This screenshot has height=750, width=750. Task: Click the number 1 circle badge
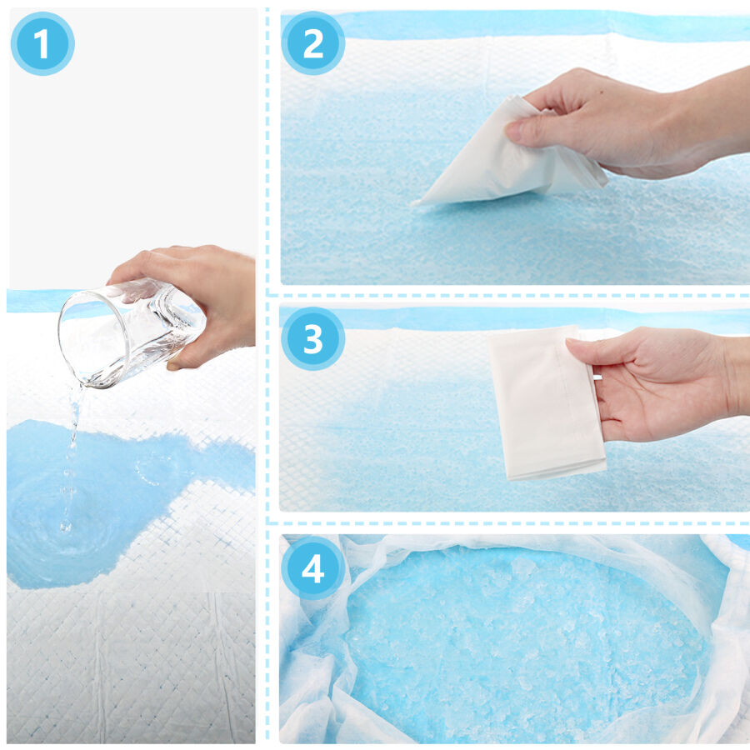coord(42,43)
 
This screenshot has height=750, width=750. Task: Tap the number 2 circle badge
coord(313,43)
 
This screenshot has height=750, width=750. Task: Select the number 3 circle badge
coord(313,338)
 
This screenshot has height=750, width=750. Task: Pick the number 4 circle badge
coord(313,568)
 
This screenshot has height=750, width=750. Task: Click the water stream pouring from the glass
coord(72,454)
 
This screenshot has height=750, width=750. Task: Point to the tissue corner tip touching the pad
coord(415,202)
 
